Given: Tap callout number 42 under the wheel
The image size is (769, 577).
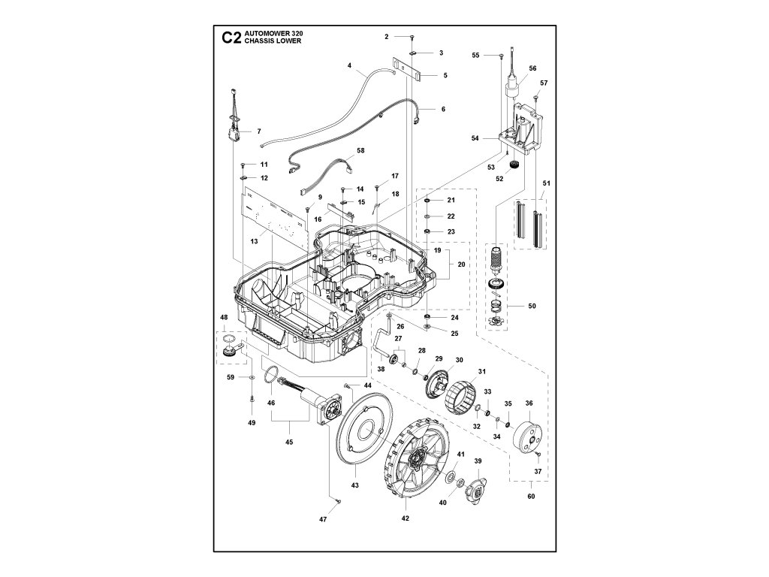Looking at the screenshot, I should point(406,518).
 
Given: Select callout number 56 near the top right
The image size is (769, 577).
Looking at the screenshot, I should point(532,68).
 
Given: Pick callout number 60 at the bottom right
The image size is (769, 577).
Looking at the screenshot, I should point(531,497).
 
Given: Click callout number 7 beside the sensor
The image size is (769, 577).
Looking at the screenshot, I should point(258,131).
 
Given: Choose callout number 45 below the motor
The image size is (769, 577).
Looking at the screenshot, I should point(290,442).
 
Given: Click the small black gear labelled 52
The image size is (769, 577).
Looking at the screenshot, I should point(513,165).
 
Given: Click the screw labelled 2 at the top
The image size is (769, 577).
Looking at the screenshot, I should point(412,37).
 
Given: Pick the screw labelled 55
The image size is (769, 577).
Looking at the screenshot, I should point(500,55).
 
